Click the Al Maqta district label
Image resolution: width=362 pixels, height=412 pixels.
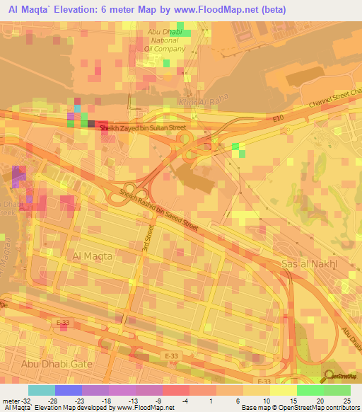click(92, 257)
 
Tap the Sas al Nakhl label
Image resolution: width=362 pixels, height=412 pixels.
click(309, 263)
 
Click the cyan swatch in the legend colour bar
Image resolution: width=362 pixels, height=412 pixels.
click(41, 390)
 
